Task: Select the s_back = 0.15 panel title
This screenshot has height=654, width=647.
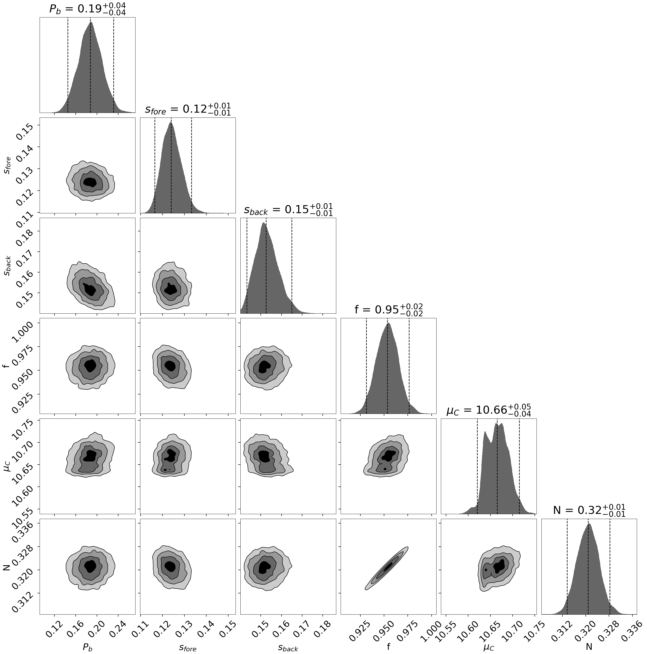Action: [x=288, y=210]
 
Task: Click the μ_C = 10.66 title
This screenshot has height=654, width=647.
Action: [x=489, y=410]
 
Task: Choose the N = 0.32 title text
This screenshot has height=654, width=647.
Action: [x=589, y=510]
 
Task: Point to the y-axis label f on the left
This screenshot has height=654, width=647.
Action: [x=6, y=366]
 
